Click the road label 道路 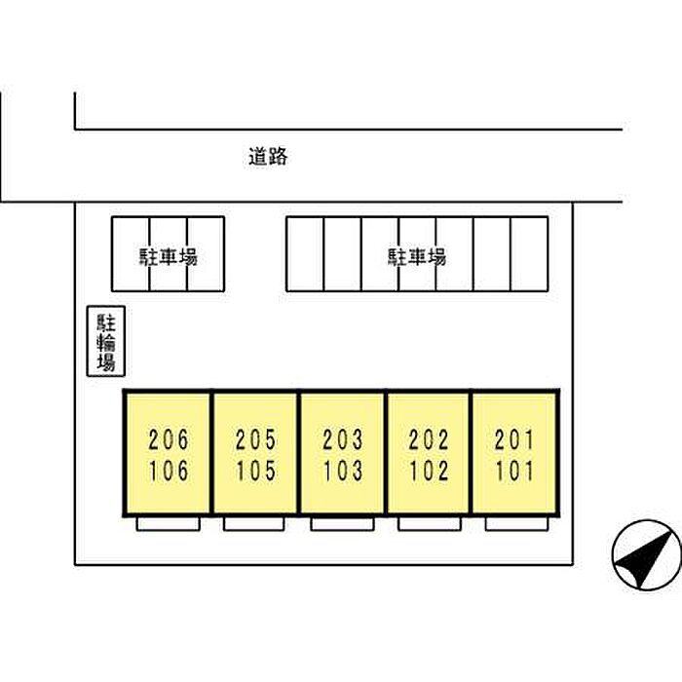pos(268,157)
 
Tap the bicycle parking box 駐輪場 pos(106,341)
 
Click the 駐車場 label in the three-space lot pos(169,256)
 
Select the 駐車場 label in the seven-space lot pos(417,256)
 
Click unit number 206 pos(169,439)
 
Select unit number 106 pos(169,471)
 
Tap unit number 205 pos(255,439)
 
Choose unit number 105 pos(255,471)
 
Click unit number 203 pos(343,439)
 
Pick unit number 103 pos(343,471)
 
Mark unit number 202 pos(429,439)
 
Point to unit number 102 pos(429,471)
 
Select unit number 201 pos(514,439)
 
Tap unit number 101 pos(514,471)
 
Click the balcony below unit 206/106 pos(169,524)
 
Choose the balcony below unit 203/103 pos(342,524)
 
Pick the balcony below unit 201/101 pos(516,524)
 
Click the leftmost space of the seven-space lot pos(305,254)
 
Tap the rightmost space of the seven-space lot pos(529,254)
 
